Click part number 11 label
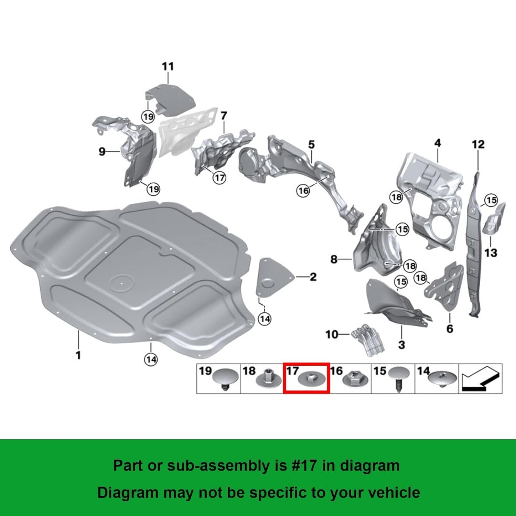point(168,66)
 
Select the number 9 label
point(102,151)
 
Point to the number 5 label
point(311,144)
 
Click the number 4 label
point(438,143)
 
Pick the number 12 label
point(478,144)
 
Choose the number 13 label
point(491,253)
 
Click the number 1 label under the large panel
point(78,355)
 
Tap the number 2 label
point(313,277)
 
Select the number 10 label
point(332,334)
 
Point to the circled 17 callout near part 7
point(219,178)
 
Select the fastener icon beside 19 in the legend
point(224,379)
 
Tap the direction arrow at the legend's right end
point(480,378)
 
